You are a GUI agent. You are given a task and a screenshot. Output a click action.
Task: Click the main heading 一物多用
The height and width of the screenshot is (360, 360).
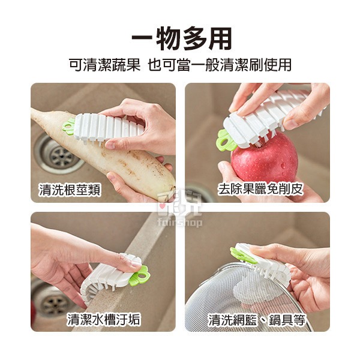tap(181, 38)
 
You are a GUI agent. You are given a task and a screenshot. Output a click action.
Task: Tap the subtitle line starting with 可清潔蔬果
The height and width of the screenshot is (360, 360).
tap(181, 65)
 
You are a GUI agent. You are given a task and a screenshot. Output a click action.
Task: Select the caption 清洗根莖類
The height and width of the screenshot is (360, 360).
tap(70, 190)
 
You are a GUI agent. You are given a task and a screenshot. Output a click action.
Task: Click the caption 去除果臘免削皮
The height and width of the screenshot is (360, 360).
tap(260, 190)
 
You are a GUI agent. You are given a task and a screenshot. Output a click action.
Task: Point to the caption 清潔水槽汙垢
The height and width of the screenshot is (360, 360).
tap(103, 319)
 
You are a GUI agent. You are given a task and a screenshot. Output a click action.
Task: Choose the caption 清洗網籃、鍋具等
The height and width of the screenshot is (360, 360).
tap(257, 320)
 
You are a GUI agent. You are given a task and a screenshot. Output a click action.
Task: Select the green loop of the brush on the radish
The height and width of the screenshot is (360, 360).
tap(68, 125)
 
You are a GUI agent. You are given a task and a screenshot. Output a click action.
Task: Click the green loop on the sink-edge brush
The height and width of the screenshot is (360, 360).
tap(140, 275)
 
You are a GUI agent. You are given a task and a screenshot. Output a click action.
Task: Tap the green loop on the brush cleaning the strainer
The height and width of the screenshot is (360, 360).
tap(242, 256)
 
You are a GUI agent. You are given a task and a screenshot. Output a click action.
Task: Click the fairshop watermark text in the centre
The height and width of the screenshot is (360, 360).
tap(180, 222)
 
